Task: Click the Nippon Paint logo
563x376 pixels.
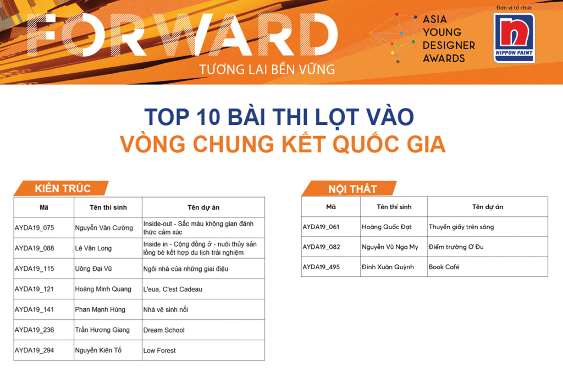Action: (514, 38)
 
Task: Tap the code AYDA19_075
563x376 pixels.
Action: (35, 228)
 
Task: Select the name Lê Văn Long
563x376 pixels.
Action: (93, 248)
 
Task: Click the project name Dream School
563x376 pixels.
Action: (164, 330)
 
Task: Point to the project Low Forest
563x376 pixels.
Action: (159, 351)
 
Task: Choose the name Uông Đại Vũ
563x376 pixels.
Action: (93, 269)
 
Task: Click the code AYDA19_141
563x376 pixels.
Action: (35, 309)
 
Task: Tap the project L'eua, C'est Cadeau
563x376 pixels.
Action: (173, 290)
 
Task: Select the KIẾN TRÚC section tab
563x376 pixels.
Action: (61, 188)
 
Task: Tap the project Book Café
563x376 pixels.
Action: (444, 267)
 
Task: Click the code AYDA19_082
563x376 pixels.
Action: (321, 247)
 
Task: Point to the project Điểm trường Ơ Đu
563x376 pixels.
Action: (456, 247)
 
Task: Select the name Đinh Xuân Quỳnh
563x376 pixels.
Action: (388, 267)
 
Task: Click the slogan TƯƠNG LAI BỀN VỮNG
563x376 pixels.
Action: (267, 69)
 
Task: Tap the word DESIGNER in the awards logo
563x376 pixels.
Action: (449, 45)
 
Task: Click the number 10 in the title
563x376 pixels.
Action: (208, 117)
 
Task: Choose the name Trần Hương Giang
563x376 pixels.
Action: (102, 330)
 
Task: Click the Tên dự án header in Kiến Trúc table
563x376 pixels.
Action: (203, 208)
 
